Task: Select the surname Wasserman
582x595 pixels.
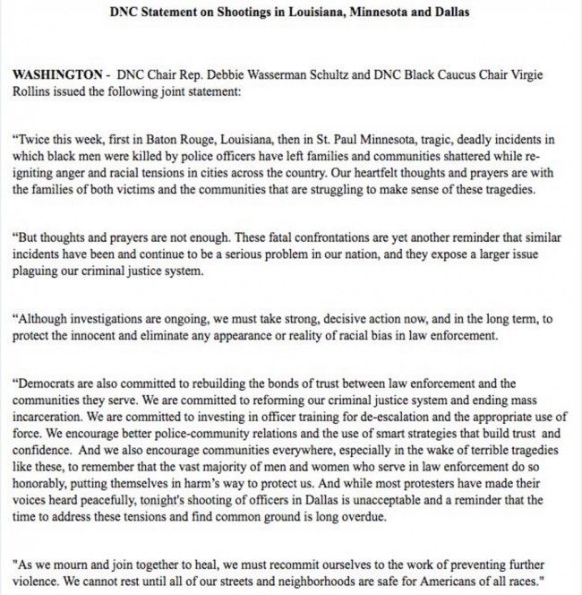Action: [287, 71]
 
